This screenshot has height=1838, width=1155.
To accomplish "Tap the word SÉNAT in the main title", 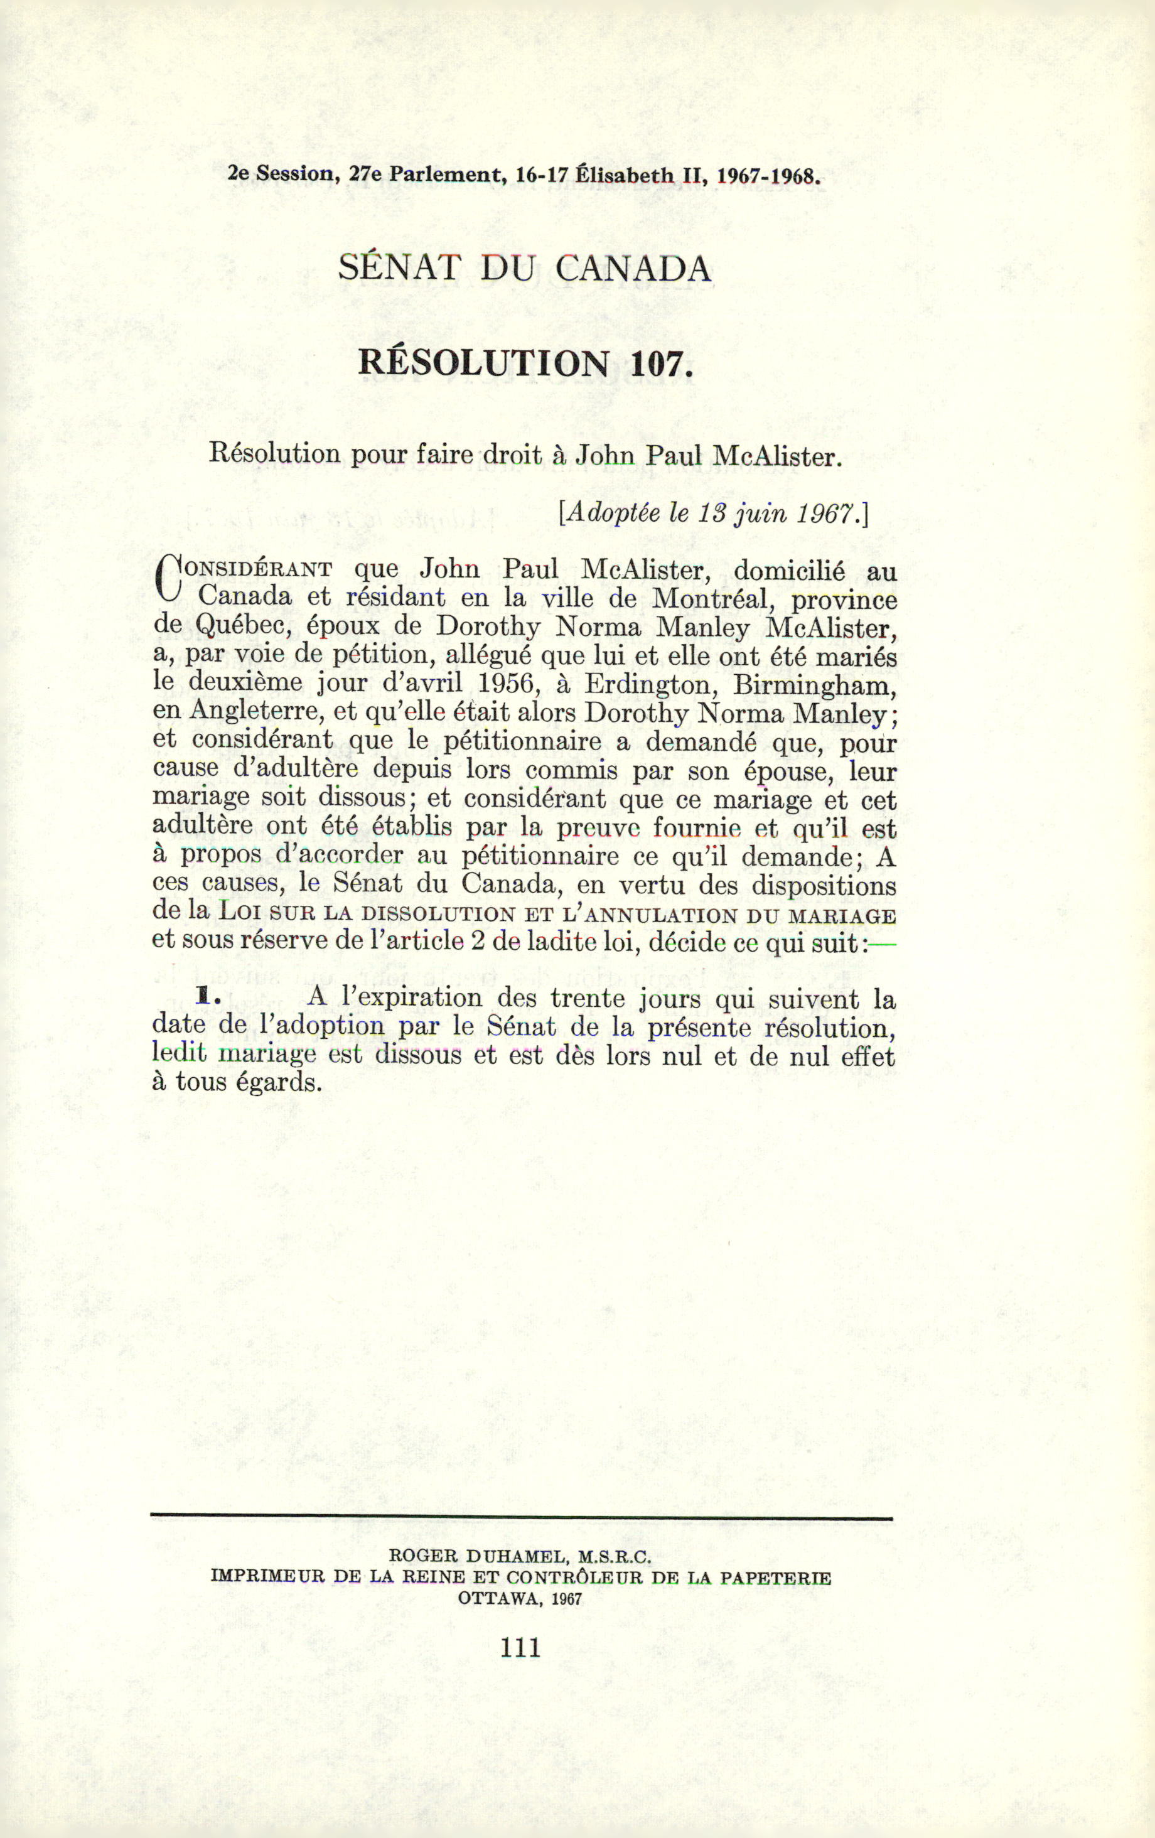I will click(x=400, y=268).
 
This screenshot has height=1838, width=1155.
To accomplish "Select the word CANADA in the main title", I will click(x=633, y=268).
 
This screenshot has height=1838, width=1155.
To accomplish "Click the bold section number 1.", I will click(x=203, y=996).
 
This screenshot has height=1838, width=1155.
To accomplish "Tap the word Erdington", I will click(x=647, y=684).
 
